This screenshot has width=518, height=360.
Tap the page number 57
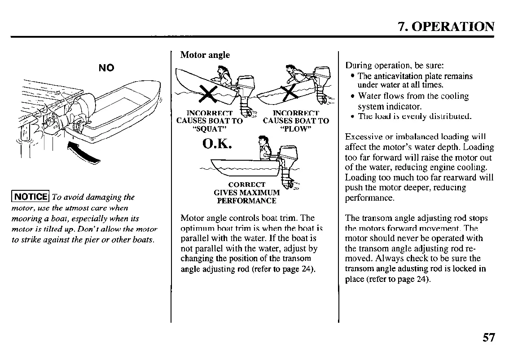click(x=488, y=337)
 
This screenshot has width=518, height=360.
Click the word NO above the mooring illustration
click(x=106, y=68)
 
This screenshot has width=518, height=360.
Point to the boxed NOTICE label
click(x=31, y=197)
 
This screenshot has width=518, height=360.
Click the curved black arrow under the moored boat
click(x=85, y=153)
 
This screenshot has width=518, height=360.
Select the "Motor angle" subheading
click(x=205, y=55)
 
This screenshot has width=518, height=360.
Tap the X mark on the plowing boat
click(x=289, y=92)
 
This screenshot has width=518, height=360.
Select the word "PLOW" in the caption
click(x=296, y=129)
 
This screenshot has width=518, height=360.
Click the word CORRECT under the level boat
click(x=246, y=184)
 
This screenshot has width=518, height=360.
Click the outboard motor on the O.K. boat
click(x=285, y=166)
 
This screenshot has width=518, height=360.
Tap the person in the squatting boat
click(x=223, y=76)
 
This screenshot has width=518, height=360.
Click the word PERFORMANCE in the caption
click(x=246, y=201)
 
